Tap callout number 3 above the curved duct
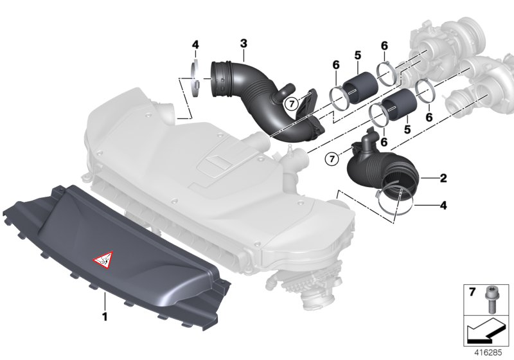[x=244, y=43]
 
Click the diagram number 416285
[x=488, y=352]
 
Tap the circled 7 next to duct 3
[x=291, y=103]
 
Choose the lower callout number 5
[x=407, y=129]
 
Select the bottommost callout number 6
[x=384, y=141]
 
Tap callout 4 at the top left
[x=195, y=44]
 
